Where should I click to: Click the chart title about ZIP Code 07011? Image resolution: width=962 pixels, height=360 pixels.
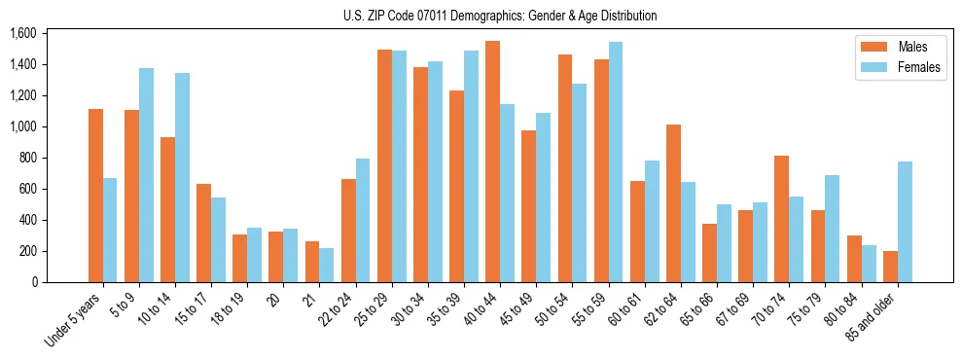pyautogui.click(x=500, y=16)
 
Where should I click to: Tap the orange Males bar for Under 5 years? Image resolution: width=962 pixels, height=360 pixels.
pyautogui.click(x=95, y=196)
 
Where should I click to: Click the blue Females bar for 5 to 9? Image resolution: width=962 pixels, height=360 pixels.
pyautogui.click(x=146, y=175)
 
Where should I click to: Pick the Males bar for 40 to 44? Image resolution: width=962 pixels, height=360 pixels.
pyautogui.click(x=492, y=162)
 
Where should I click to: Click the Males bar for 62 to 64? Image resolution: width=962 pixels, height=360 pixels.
pyautogui.click(x=673, y=203)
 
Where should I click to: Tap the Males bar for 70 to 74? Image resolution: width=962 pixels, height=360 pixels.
pyautogui.click(x=781, y=219)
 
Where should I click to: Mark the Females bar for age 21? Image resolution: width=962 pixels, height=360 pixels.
pyautogui.click(x=326, y=265)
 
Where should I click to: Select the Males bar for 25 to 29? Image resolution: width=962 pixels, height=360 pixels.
pyautogui.click(x=384, y=165)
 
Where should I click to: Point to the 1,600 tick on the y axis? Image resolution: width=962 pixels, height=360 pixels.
pyautogui.click(x=22, y=33)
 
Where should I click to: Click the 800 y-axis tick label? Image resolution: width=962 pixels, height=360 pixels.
pyautogui.click(x=27, y=158)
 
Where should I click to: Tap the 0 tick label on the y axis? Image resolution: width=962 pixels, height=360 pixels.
pyautogui.click(x=33, y=282)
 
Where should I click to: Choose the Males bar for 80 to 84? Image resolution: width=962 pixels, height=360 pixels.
pyautogui.click(x=853, y=259)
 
